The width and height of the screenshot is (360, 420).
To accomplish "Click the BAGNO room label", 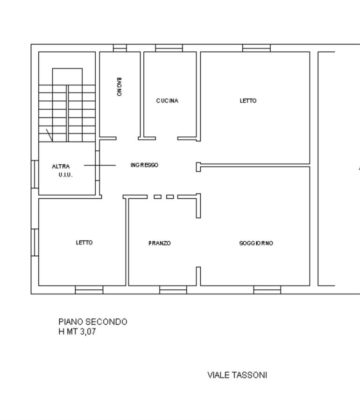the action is pos(119,87).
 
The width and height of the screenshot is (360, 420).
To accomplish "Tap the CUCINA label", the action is pos(167,101).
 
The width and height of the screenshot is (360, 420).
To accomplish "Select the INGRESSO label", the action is pos(144,165).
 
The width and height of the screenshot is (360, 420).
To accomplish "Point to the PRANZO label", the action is pos(160,243).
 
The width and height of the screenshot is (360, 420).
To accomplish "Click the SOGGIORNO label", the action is pos(256,243).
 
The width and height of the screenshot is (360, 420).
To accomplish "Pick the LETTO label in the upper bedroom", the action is pos(248,101).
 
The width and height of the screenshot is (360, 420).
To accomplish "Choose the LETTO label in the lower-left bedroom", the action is pos(84,243).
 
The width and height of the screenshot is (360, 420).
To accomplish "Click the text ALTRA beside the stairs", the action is pos(61,166).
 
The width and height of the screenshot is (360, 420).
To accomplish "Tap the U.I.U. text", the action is pos(66,175).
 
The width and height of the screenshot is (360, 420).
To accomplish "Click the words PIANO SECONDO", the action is pos(93,322).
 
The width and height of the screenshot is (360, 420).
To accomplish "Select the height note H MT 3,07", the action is pos(77,332).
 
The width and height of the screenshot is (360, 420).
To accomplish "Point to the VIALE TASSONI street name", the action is pos(237,375).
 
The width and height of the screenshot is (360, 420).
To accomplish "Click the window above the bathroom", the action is pos(120,48).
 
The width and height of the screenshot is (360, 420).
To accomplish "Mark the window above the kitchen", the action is pos(169,48).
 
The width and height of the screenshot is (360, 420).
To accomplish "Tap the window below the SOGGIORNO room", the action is pos(267,290).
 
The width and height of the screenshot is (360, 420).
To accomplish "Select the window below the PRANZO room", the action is pos(173,290).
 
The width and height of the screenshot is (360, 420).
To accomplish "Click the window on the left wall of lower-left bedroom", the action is pos(35,242).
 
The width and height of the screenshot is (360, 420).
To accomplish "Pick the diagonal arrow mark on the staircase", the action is pos(49,135).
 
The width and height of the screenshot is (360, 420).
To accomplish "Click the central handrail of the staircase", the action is pos(67,113).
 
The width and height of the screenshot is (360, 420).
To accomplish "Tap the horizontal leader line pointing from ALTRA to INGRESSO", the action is pos(100,165).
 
